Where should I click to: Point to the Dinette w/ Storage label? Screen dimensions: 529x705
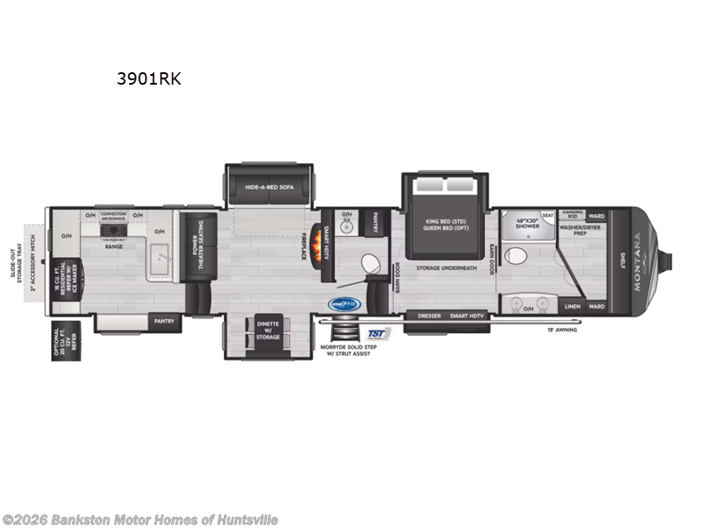click(x=268, y=331)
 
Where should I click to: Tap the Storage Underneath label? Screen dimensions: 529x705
click(x=447, y=267)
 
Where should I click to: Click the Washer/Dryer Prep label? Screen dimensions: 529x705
click(x=581, y=230)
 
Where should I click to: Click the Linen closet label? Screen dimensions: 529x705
click(x=572, y=307)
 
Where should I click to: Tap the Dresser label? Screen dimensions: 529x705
click(x=429, y=315)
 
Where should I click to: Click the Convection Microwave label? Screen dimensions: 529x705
click(x=114, y=216)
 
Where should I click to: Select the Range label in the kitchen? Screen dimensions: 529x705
click(x=114, y=246)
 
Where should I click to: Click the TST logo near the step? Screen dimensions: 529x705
click(x=378, y=333)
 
